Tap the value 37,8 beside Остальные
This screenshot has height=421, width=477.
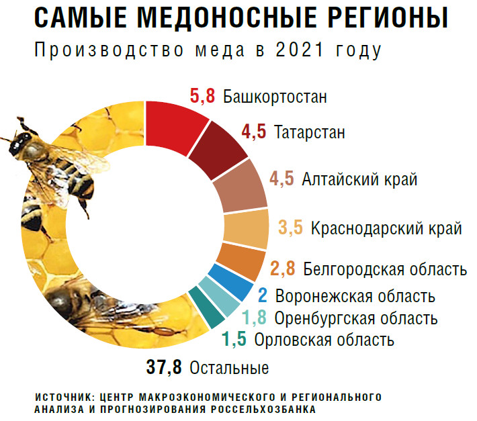[165, 368]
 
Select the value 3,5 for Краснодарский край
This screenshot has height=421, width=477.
[291, 228]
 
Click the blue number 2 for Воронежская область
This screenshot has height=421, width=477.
[263, 295]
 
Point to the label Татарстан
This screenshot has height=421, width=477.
[310, 132]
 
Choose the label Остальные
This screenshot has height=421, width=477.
[229, 369]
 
